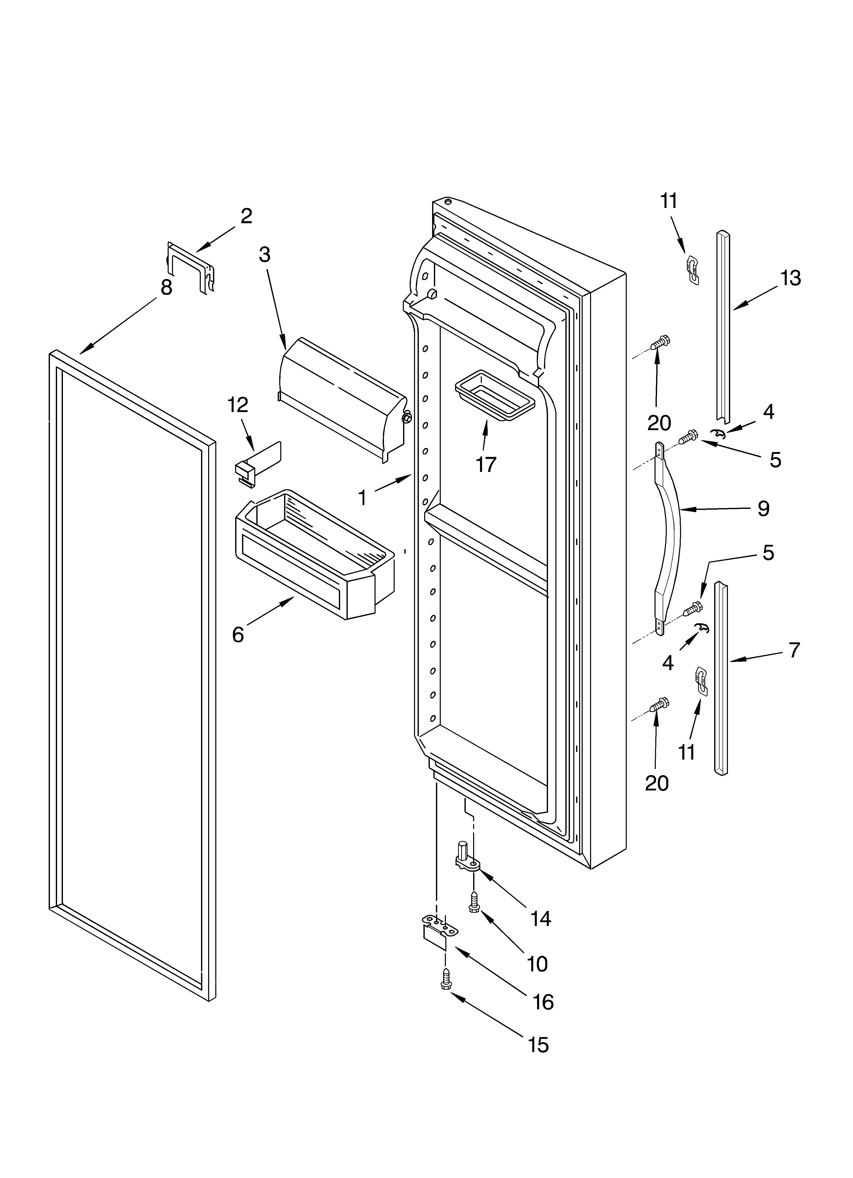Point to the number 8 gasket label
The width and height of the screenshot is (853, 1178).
pos(166,287)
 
